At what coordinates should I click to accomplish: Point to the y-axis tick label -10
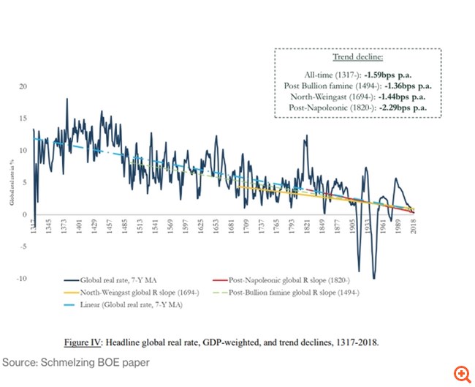click(22, 279)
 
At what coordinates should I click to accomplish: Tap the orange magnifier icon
click(462, 374)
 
